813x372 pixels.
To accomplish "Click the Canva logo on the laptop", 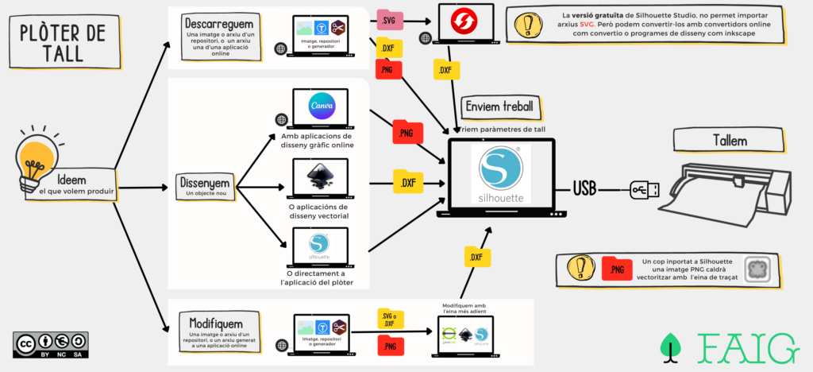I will (323, 105).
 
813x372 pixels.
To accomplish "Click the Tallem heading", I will (729, 141).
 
